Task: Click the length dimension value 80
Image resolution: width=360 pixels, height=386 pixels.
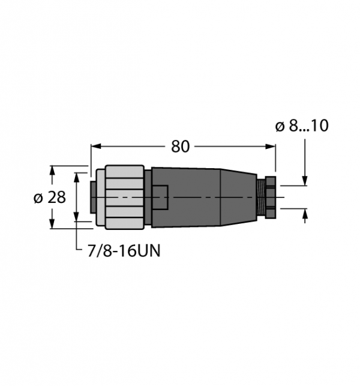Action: coord(180,146)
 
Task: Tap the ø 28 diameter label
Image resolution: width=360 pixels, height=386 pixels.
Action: coord(50,198)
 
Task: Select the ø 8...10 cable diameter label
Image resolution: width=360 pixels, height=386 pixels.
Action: coord(302,125)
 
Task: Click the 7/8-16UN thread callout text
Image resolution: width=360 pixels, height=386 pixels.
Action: coord(124,251)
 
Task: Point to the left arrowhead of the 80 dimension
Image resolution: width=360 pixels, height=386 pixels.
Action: coord(96,146)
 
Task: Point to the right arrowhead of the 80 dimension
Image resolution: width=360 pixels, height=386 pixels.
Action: coord(270,146)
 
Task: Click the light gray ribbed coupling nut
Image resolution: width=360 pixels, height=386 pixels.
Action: coord(125,197)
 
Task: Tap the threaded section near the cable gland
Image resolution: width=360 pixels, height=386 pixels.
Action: coord(261,197)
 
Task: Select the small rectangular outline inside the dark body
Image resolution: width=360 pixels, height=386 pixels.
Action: coord(160,198)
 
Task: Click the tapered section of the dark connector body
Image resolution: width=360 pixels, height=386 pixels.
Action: coord(238,197)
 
